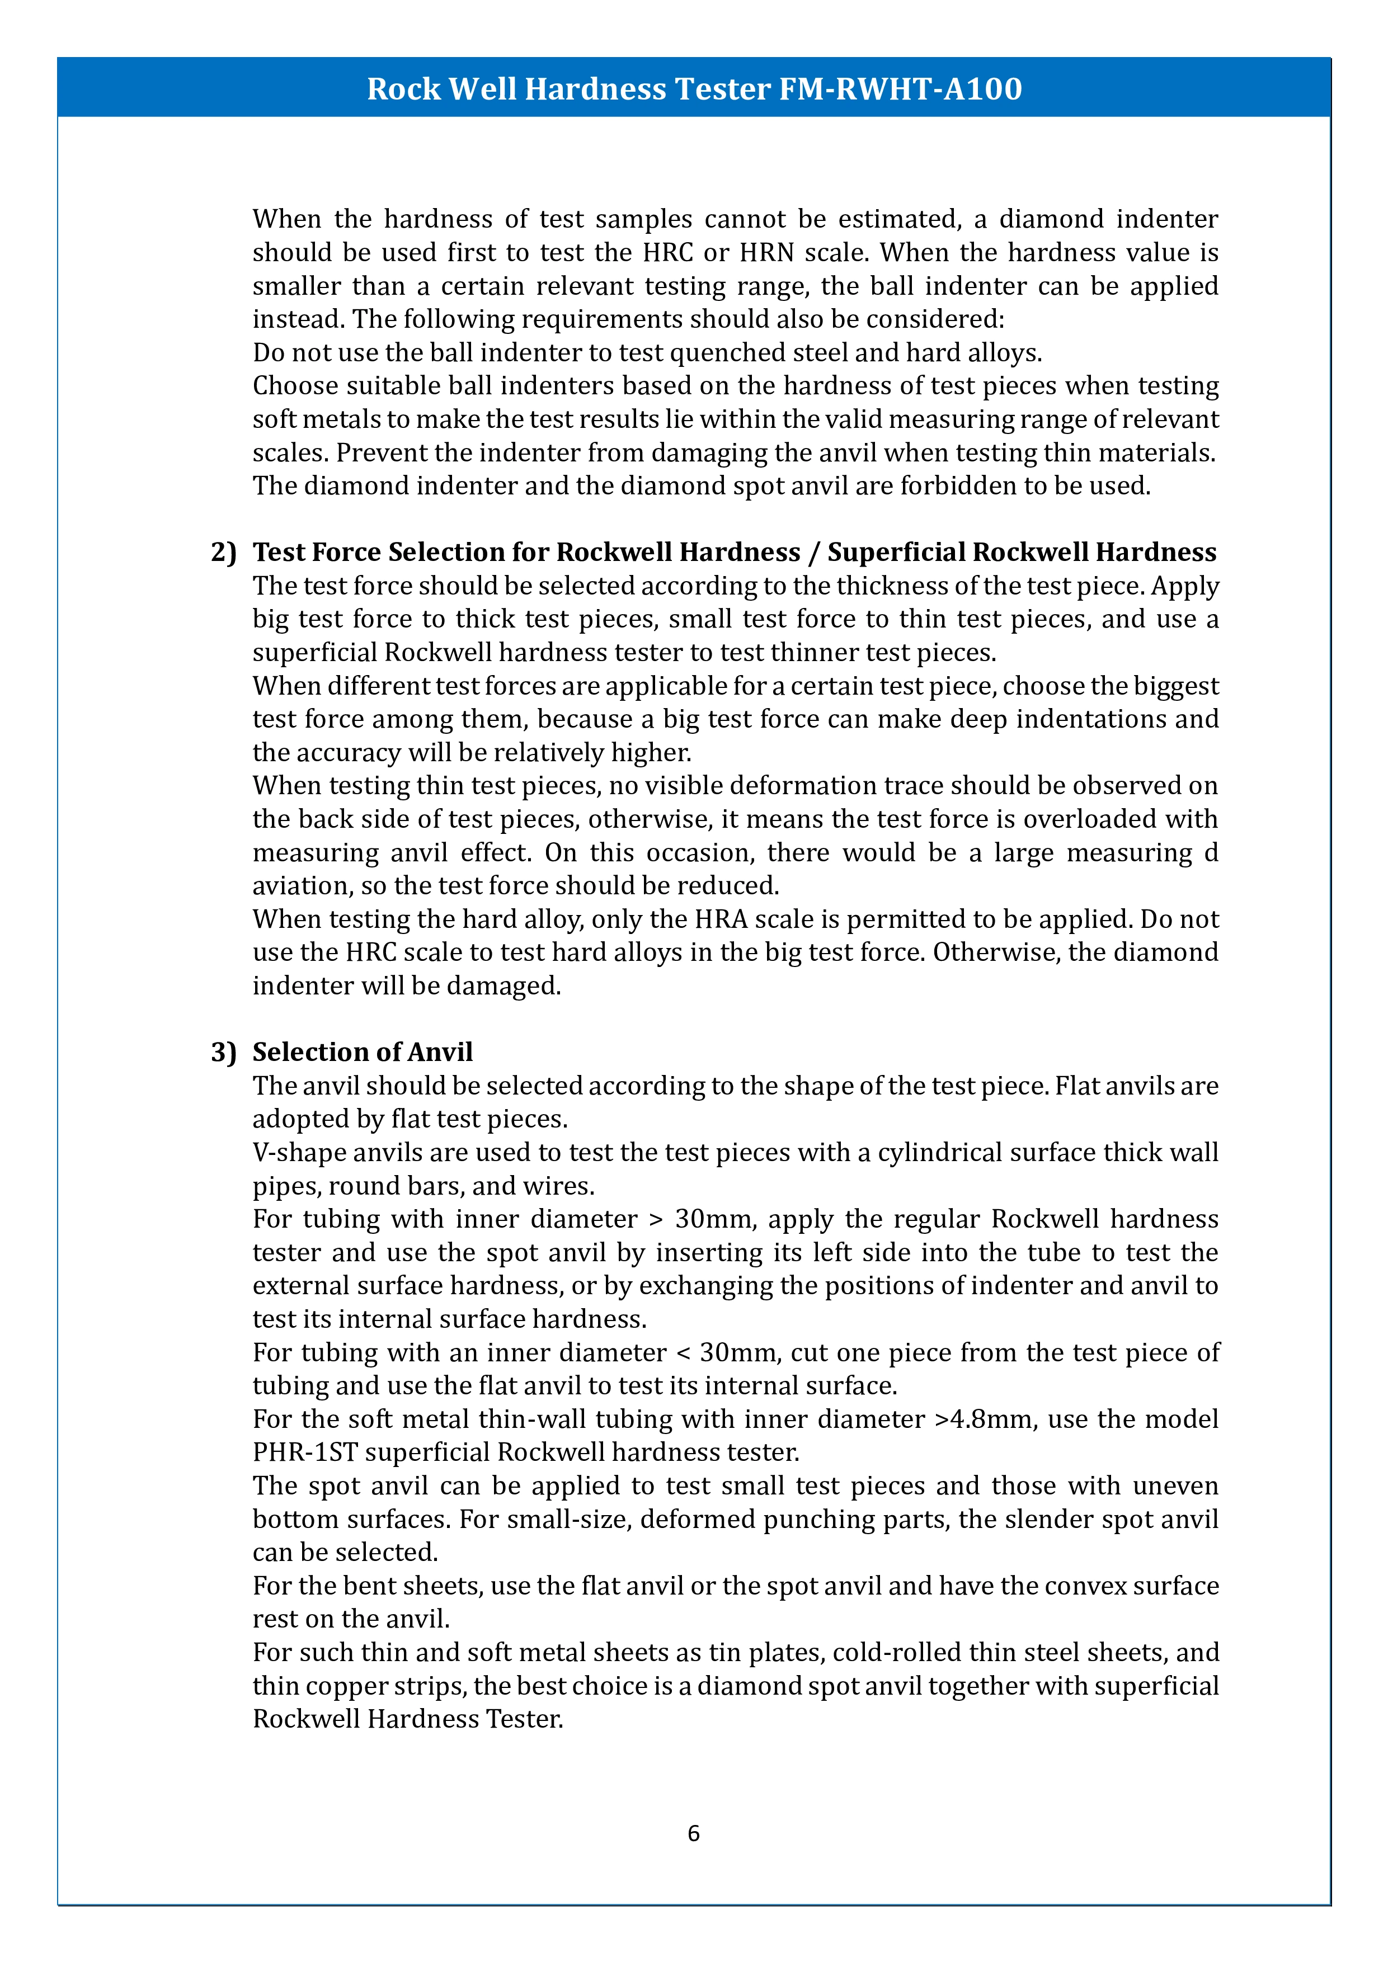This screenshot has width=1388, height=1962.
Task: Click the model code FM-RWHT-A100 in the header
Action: coord(900,89)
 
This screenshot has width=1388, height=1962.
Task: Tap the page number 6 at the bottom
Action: coord(693,1833)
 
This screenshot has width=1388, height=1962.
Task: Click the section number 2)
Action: coord(223,553)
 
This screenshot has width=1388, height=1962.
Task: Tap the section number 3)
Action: coord(223,1053)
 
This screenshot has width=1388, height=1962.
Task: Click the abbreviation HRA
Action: coord(721,919)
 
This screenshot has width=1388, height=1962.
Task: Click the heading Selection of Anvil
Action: coord(363,1053)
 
